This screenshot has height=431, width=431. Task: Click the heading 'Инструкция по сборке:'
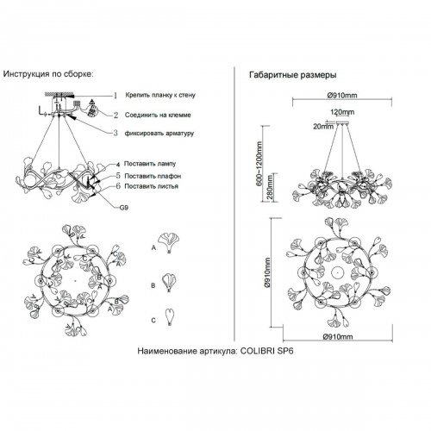tap(48, 74)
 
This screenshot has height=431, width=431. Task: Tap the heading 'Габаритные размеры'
tap(293, 75)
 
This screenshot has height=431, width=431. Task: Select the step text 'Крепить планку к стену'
tap(160, 95)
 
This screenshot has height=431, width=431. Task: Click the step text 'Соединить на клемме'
tap(158, 115)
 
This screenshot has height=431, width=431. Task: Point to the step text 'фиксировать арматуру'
tap(159, 134)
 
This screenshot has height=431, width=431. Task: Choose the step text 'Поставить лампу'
tap(150, 164)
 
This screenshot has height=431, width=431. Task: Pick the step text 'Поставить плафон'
tap(153, 176)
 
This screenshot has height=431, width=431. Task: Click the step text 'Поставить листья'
tap(151, 186)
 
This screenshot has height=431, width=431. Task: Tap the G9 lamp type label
tap(123, 207)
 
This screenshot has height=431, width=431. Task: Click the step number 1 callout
tap(116, 96)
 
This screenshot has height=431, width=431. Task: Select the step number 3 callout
tap(116, 133)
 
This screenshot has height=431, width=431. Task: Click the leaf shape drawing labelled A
tap(169, 243)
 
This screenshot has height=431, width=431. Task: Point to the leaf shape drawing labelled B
tap(169, 283)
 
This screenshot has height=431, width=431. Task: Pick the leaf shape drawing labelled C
tap(170, 317)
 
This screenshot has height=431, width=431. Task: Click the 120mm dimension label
tap(342, 112)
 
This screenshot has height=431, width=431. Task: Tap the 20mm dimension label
tap(323, 127)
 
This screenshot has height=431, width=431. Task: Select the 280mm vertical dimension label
tap(271, 188)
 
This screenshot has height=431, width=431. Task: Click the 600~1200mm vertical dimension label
tap(259, 164)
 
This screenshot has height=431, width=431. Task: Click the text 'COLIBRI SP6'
tap(266, 351)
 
